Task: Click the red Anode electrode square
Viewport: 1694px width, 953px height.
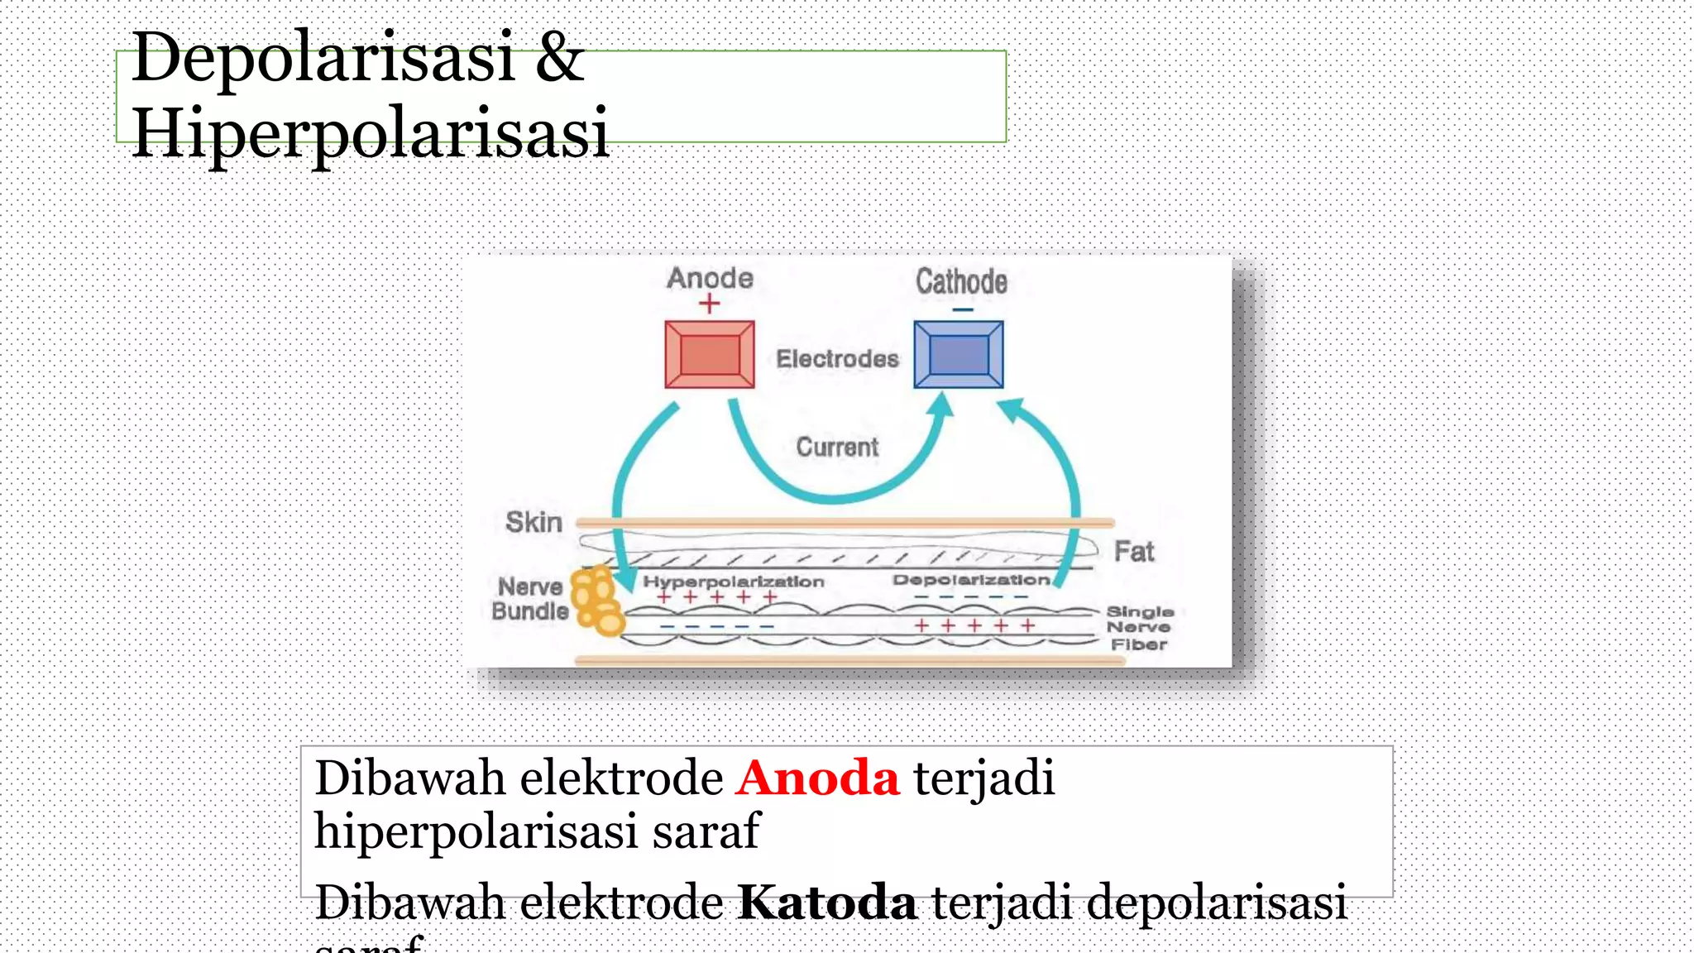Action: coord(710,355)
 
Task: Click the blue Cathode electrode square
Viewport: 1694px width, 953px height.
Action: coord(959,355)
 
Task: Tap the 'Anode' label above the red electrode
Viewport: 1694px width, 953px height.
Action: coord(710,279)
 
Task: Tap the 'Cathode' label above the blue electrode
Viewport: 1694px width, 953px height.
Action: coord(961,282)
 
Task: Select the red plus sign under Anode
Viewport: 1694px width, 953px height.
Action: coord(709,304)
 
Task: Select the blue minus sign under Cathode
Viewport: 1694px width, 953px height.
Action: coord(962,310)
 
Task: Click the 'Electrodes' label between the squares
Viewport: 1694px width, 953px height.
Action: coord(837,359)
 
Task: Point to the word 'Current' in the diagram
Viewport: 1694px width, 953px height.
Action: coord(837,448)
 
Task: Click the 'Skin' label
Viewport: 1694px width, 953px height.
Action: coord(534,523)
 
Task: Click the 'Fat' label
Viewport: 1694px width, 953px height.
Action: coord(1133,552)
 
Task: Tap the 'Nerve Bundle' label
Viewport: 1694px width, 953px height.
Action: coord(529,599)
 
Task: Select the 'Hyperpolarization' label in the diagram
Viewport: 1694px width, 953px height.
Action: coord(734,582)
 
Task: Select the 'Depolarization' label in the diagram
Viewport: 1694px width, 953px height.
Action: coord(971,580)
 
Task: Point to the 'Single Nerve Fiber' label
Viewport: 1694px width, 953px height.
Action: coord(1139,628)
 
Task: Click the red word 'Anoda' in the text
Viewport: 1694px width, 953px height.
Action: coord(817,778)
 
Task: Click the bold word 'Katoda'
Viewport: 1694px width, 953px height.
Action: coord(826,902)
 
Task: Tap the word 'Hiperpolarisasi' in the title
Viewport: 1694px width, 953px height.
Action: coord(370,132)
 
